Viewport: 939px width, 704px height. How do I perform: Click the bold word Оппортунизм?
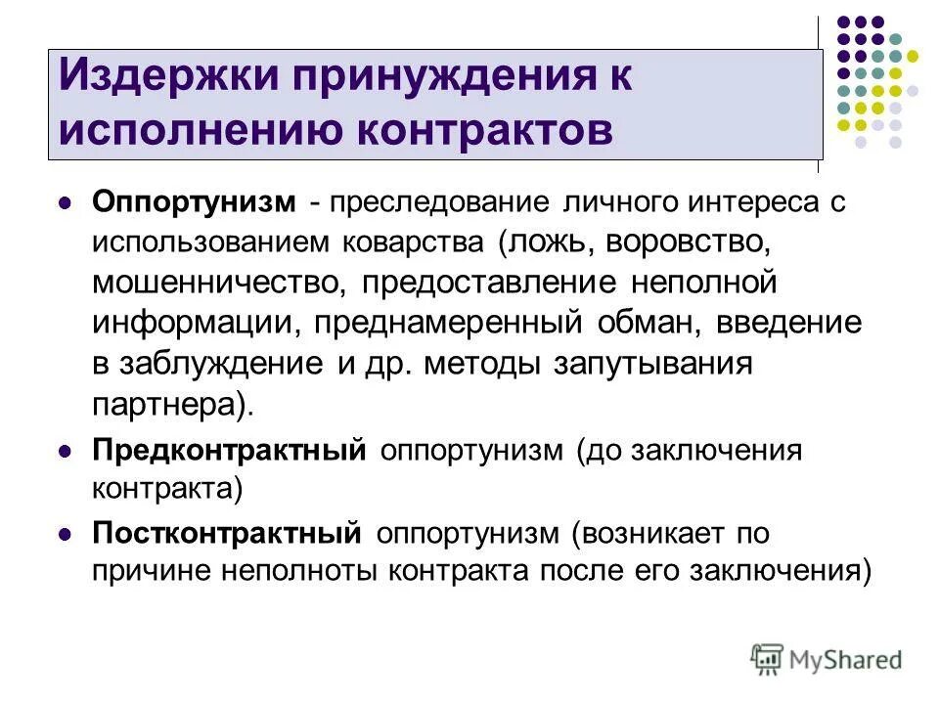point(194,202)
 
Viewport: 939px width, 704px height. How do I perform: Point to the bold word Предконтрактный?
point(230,450)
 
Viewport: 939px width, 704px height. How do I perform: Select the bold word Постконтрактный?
point(228,534)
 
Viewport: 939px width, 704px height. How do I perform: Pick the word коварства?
point(416,242)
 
